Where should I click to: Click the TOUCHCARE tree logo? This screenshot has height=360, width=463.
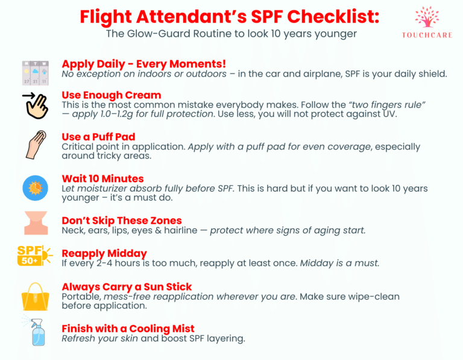[427, 17]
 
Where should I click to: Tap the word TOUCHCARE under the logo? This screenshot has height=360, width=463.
[427, 35]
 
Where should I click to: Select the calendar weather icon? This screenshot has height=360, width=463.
[36, 73]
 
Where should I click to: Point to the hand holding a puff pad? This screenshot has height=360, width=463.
[36, 145]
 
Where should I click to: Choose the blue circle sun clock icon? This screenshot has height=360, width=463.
[35, 188]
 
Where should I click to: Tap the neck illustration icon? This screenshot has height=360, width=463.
[36, 223]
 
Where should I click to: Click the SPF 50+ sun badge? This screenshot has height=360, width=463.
[34, 255]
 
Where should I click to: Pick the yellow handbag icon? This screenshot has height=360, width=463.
[36, 297]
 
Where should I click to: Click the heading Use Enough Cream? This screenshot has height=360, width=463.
[112, 95]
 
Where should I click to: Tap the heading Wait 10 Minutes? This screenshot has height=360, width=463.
[102, 178]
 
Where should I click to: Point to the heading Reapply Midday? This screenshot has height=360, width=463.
[104, 254]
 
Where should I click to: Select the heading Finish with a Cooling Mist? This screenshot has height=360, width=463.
[128, 329]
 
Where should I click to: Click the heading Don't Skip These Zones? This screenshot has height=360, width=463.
[122, 221]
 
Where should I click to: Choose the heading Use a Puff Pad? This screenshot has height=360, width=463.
[98, 137]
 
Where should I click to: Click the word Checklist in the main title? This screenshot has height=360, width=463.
[333, 16]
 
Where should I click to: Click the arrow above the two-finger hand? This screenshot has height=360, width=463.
[29, 95]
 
